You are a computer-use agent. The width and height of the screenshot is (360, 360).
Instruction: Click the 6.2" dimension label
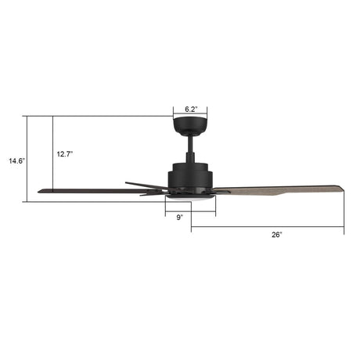(189, 110)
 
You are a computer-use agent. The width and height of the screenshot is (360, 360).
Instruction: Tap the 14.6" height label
(16, 161)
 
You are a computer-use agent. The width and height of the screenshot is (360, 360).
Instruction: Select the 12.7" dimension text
(66, 154)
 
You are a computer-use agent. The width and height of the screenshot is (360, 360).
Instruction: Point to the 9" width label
(179, 217)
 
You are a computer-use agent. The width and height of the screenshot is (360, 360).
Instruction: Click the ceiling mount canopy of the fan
(190, 126)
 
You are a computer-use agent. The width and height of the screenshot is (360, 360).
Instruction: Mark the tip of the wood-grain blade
(341, 188)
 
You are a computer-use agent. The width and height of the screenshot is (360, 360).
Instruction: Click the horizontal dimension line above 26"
(267, 228)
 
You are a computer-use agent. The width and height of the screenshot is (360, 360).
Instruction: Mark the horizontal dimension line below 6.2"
(190, 117)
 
